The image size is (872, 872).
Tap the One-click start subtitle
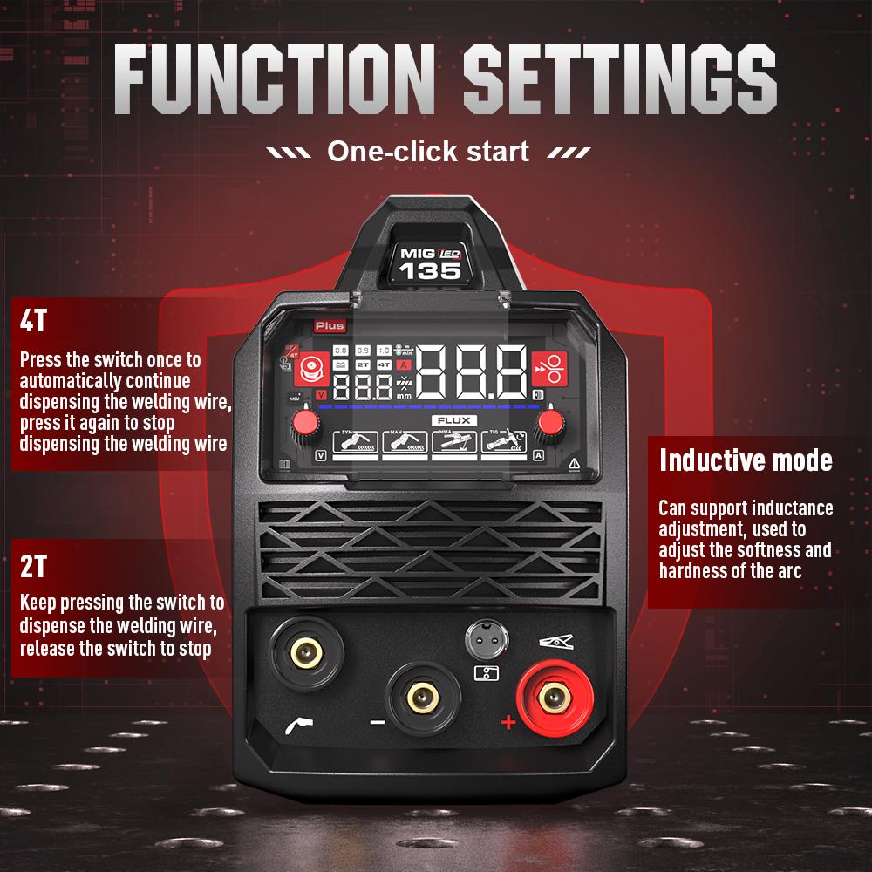[427, 151]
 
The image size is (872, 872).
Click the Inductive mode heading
[746, 460]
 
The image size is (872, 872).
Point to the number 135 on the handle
[430, 270]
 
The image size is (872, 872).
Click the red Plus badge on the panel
[330, 326]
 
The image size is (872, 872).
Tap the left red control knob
[305, 423]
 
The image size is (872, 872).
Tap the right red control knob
[550, 423]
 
